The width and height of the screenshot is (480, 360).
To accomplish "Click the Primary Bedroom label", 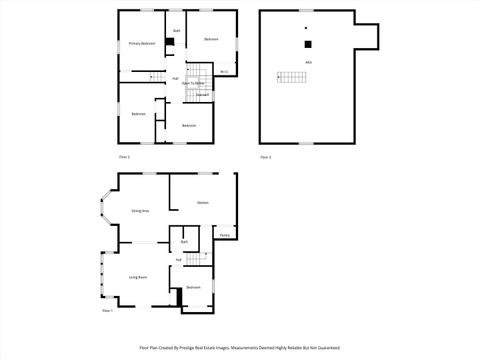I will pos(141,44).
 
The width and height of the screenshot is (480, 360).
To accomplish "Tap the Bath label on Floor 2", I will pos(176,31).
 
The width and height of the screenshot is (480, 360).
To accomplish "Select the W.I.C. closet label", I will pos(224,71).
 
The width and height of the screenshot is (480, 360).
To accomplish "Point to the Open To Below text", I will pos(193,83).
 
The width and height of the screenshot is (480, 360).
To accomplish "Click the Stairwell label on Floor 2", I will pos(202,95).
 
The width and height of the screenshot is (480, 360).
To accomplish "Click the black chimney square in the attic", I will pos(308,44).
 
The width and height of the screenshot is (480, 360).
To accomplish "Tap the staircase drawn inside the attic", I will pos(290,77).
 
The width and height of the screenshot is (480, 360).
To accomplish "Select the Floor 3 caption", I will pos(266,157).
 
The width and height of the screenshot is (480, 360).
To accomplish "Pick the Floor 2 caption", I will pos(124,157).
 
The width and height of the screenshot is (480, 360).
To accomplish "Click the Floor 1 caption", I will pos(108,312).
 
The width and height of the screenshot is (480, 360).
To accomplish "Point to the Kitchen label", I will pos(203,203).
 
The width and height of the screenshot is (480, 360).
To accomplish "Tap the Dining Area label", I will pos(140,211).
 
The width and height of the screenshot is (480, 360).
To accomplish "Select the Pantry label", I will pos(225,235).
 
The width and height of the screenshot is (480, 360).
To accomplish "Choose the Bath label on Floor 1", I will pos(185,243).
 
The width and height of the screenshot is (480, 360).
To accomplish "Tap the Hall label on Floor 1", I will pos(178,260).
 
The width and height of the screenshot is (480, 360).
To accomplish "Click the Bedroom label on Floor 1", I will pos(193,288).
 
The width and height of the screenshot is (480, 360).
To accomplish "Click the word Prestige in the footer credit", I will pos(219,349).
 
